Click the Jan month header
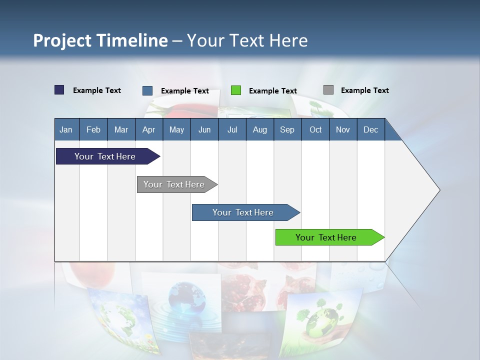point(66,129)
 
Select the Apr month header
point(148,129)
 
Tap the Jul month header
point(232,129)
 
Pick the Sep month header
point(287,129)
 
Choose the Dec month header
point(370,129)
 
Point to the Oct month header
point(315,129)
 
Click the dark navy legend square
point(59,90)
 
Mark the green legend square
point(236,90)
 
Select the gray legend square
point(328,90)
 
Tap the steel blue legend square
point(147,90)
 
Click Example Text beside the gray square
point(364,90)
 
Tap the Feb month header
point(93,129)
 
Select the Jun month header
point(204,129)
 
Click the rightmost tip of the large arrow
point(439,190)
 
